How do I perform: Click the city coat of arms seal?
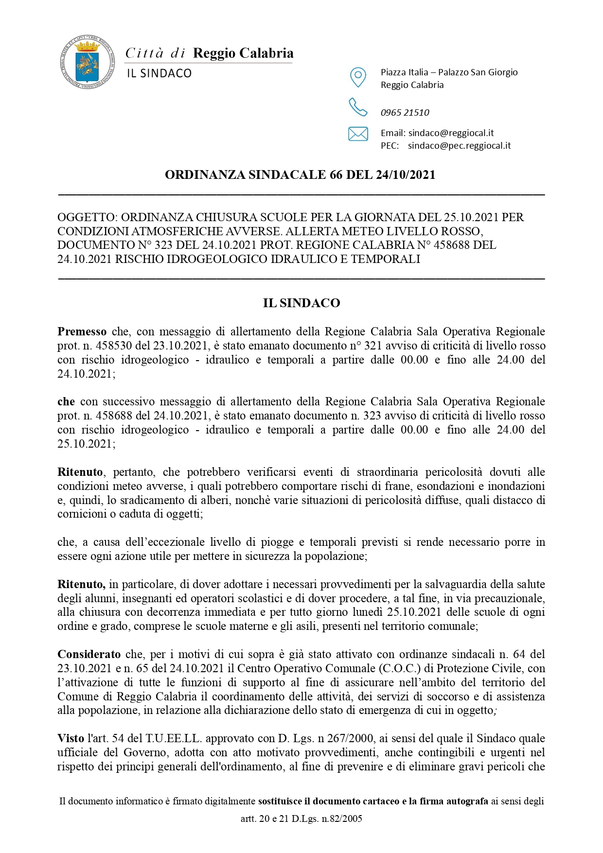pos(88,62)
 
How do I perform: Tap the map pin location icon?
pos(358,77)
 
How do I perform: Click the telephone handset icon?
pos(358,107)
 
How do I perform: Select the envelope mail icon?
pos(358,134)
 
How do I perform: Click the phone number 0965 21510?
pos(405,113)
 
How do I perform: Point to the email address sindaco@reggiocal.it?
pos(451,133)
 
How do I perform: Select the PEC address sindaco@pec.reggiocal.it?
pos(459,145)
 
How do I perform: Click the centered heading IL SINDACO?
pos(301,303)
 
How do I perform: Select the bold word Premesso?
pos(82,331)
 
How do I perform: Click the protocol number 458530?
pos(114,346)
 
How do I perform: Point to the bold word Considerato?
pos(89,654)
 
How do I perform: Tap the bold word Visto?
pos(71,738)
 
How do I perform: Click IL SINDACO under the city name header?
pos(159,73)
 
